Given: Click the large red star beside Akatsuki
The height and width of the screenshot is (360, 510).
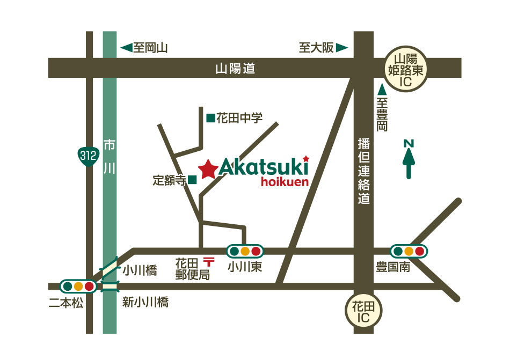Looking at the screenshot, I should (x=208, y=170).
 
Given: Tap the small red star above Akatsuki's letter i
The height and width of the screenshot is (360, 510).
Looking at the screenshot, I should (x=306, y=158).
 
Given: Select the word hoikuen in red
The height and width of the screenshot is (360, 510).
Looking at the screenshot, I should (x=285, y=182).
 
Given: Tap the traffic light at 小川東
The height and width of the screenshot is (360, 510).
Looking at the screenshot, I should (x=244, y=251).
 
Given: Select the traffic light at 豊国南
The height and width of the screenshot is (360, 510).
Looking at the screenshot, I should (x=409, y=251).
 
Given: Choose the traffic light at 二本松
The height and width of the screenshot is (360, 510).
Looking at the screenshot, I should (x=78, y=286).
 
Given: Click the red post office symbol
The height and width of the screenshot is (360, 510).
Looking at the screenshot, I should (x=207, y=262).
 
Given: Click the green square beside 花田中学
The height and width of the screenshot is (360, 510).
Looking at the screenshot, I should (x=210, y=117).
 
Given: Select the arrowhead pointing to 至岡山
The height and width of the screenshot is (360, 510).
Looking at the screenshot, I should (x=127, y=48).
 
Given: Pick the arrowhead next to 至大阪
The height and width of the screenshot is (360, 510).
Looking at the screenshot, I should (x=342, y=48).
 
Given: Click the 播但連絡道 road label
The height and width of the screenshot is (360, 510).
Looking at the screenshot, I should (x=365, y=171).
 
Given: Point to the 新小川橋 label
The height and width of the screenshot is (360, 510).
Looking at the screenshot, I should (x=145, y=303).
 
